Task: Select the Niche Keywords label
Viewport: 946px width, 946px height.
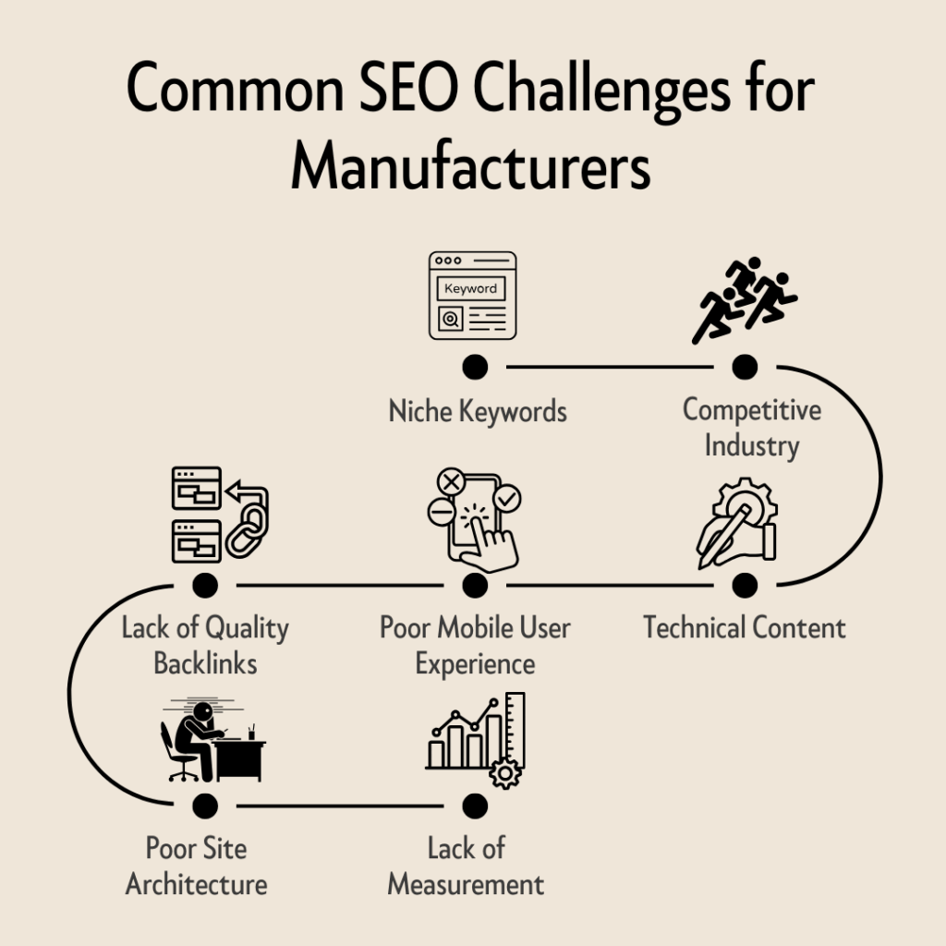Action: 477,410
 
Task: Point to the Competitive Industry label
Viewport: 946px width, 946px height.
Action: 751,427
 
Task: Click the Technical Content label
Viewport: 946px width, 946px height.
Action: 744,628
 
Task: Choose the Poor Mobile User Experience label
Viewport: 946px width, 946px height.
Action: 475,645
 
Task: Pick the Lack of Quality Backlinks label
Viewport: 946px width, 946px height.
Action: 205,645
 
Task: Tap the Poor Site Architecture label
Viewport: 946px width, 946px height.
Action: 197,865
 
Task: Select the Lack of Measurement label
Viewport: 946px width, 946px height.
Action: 467,865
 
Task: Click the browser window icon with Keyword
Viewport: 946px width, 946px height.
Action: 472,296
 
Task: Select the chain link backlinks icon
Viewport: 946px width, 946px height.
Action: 220,514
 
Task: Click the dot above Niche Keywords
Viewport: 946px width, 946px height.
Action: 475,367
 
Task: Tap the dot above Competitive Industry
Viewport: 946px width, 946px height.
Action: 745,367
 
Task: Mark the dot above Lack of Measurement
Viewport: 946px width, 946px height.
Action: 475,806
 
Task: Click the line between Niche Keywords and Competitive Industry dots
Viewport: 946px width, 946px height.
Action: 610,367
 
